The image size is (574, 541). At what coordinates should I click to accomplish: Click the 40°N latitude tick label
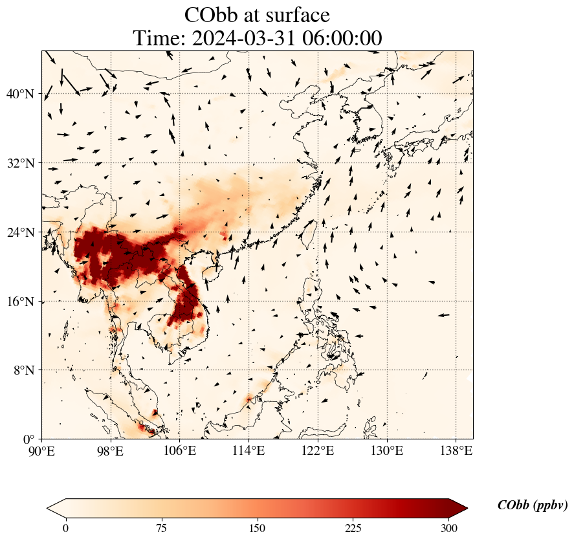(20, 94)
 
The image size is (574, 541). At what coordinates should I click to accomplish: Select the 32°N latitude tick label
(20, 163)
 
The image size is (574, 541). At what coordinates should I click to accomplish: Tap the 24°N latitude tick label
(20, 232)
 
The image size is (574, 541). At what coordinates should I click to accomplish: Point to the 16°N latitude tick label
(20, 302)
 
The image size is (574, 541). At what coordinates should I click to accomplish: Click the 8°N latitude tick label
(23, 370)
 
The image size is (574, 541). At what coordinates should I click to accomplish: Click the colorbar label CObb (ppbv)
(533, 506)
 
